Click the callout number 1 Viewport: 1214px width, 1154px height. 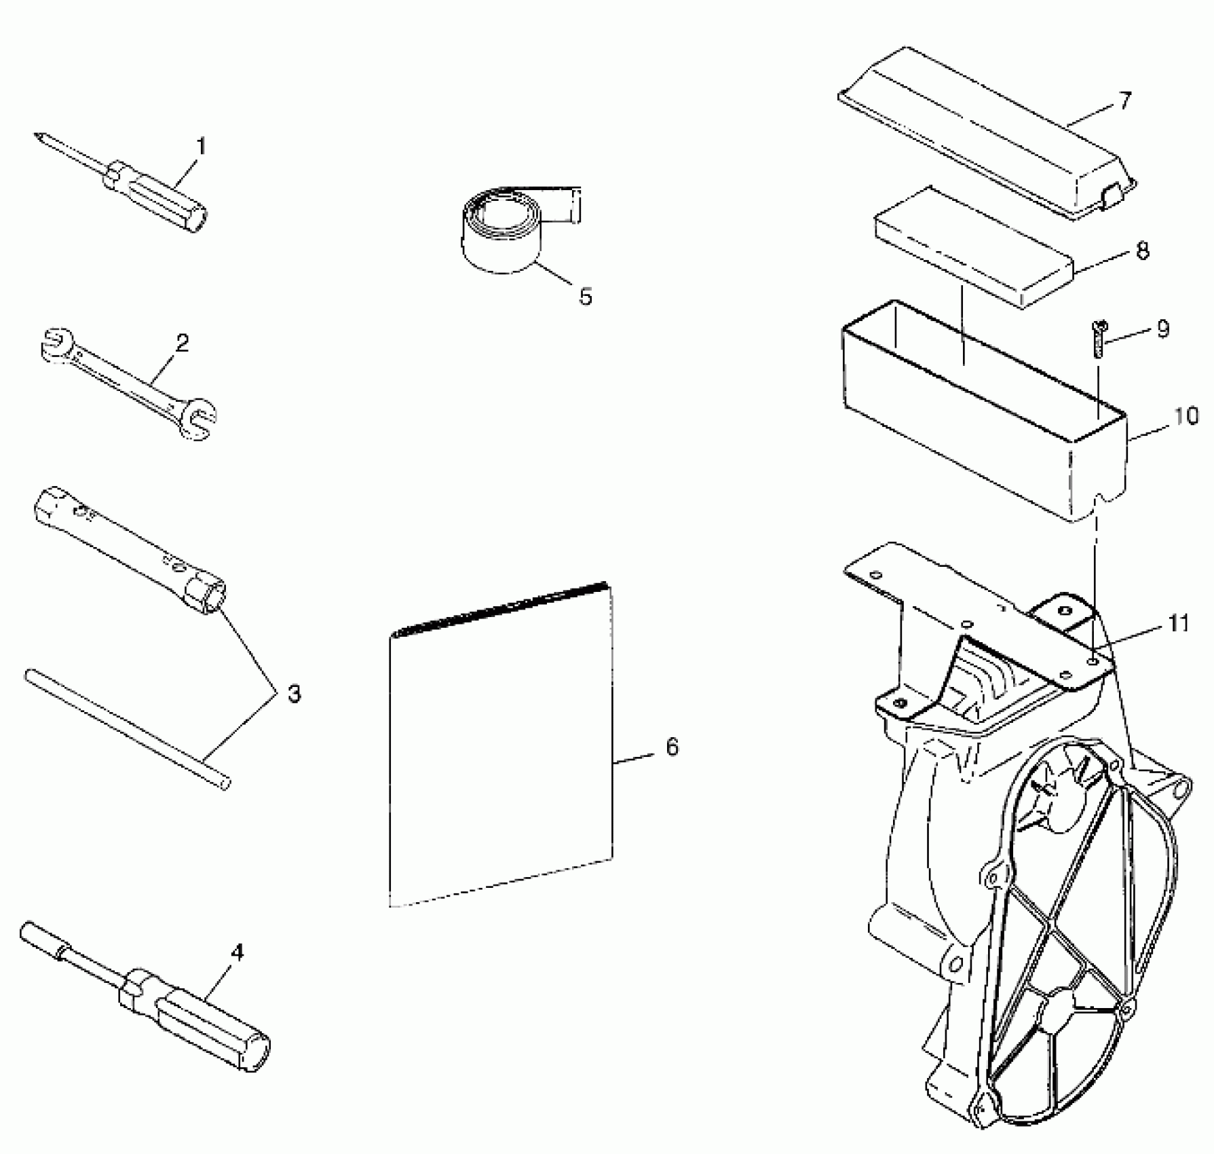point(201,146)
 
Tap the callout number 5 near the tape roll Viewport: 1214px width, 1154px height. point(585,296)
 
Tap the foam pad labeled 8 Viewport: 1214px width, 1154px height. point(974,246)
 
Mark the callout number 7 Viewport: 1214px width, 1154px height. point(1124,101)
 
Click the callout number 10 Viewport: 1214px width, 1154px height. point(1185,415)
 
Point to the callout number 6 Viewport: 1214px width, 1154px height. point(671,747)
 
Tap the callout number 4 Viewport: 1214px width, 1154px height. point(236,952)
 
